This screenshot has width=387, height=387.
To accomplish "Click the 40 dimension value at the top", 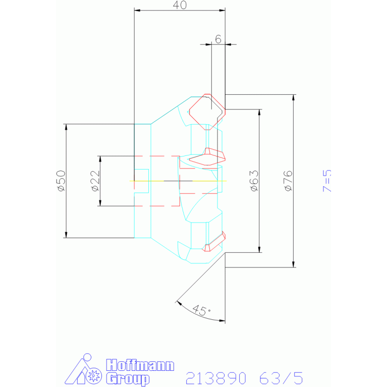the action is pyautogui.click(x=180, y=5).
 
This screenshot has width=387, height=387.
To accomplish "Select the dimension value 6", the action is pyautogui.click(x=218, y=39).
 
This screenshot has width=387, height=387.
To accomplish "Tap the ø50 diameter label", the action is pyautogui.click(x=61, y=181).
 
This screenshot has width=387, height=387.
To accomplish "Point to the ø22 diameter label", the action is pyautogui.click(x=95, y=181).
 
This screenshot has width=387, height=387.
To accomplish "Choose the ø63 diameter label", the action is pyautogui.click(x=254, y=181).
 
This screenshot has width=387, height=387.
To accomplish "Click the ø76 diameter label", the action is pyautogui.click(x=288, y=181).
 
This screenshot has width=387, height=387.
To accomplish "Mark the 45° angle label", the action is pyautogui.click(x=201, y=310).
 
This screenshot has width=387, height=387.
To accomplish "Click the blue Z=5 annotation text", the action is pyautogui.click(x=327, y=181).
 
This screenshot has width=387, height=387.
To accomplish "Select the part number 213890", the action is pyautogui.click(x=216, y=378).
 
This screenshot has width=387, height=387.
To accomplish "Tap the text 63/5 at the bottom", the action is pyautogui.click(x=281, y=378).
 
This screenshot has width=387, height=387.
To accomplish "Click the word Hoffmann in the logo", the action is pyautogui.click(x=140, y=365).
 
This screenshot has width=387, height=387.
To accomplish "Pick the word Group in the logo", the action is pyautogui.click(x=128, y=379).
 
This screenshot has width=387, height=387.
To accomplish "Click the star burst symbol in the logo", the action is pyautogui.click(x=94, y=376).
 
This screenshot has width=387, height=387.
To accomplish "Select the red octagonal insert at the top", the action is pyautogui.click(x=207, y=112).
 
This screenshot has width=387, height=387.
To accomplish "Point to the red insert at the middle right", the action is pyautogui.click(x=207, y=157).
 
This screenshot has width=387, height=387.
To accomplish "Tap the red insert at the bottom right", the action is pyautogui.click(x=214, y=241).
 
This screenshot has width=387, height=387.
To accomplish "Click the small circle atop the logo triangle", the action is pyautogui.click(x=87, y=357).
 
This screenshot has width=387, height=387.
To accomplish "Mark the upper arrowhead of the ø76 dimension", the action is pyautogui.click(x=293, y=97).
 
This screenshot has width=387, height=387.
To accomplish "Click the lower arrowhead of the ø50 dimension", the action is pyautogui.click(x=66, y=235).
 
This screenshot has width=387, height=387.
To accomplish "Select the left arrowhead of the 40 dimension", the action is pyautogui.click(x=137, y=11).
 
